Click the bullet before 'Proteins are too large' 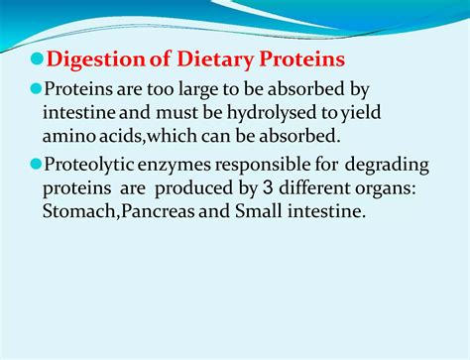[x=36, y=88]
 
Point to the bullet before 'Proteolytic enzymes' [x=36, y=167]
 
